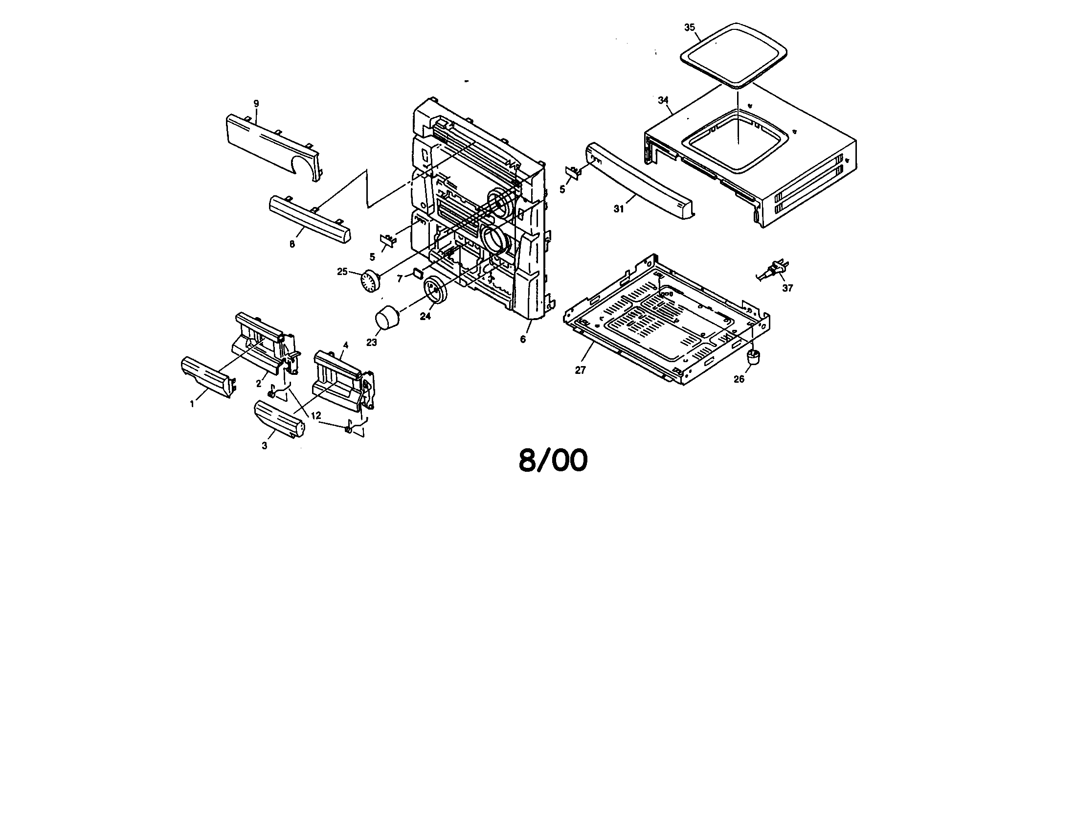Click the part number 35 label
point(689,27)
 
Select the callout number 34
point(663,100)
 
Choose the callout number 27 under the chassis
point(581,370)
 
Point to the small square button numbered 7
point(418,272)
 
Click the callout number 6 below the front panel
point(523,339)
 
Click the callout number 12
point(316,416)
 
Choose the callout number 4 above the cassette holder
point(346,345)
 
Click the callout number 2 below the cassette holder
point(258,384)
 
